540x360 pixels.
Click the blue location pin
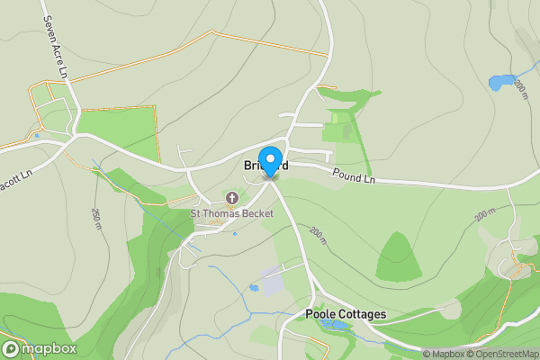[x=269, y=160]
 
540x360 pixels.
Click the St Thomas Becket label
[x=226, y=213]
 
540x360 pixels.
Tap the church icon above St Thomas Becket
[x=232, y=198]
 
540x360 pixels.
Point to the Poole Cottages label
[x=346, y=314]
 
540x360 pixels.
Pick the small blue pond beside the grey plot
[x=255, y=288]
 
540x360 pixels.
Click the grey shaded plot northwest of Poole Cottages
[x=273, y=279]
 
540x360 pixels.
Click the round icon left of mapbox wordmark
[x=11, y=348]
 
